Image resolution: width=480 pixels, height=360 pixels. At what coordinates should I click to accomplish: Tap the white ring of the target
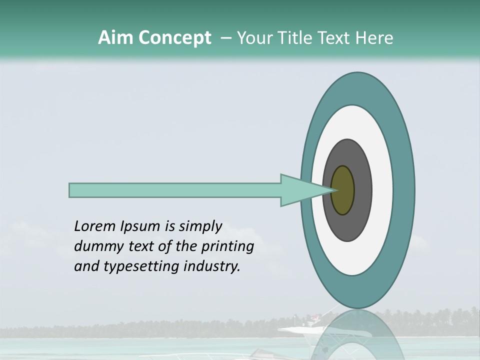click(382, 190)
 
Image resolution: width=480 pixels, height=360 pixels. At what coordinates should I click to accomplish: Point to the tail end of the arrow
click(71, 190)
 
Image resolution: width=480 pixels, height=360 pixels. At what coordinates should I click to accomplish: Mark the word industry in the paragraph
click(211, 266)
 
